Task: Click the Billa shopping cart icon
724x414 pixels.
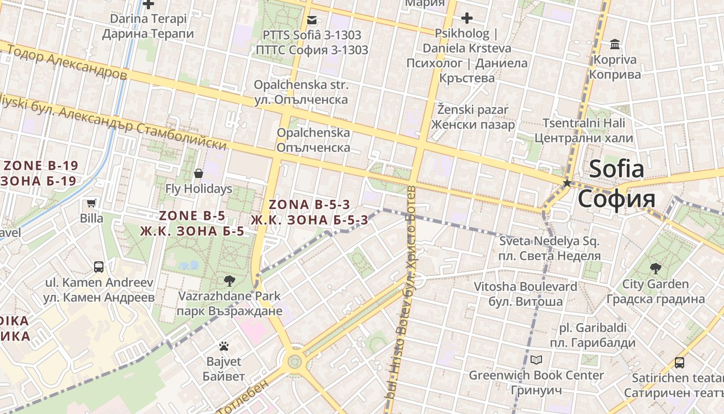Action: click(92, 203)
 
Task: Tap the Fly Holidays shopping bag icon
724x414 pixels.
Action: click(198, 173)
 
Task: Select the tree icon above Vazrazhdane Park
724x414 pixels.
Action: click(229, 281)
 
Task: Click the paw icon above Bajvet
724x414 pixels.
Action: click(223, 346)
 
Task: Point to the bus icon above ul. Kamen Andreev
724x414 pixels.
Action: click(98, 267)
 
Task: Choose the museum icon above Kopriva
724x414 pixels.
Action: click(615, 44)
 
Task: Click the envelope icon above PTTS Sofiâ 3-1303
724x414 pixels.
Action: click(312, 20)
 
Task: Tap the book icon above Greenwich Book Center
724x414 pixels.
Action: click(536, 360)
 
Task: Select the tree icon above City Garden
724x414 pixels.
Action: click(655, 268)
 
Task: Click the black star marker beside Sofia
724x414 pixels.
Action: click(567, 183)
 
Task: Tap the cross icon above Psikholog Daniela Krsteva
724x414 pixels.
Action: click(467, 19)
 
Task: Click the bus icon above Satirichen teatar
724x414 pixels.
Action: click(680, 363)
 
